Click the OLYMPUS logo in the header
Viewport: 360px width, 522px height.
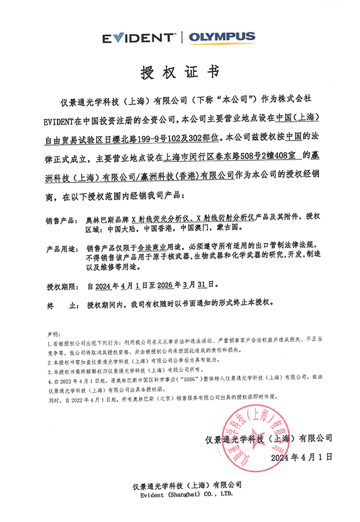[222, 37]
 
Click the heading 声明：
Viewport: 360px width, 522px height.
[53, 332]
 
